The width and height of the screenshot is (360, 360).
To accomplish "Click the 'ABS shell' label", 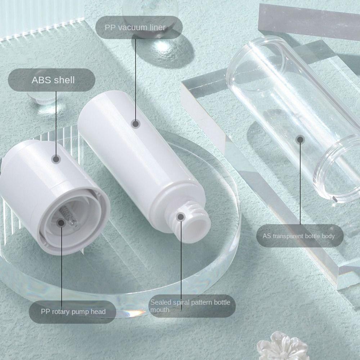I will tap(53, 80).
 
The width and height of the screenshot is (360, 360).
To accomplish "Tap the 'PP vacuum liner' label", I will tap(135, 27).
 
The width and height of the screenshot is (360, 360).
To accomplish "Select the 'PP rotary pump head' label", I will tap(73, 311).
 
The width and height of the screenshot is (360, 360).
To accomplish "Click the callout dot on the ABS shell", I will tap(56, 159).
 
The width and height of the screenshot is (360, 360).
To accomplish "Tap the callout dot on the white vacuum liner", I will tap(136, 124).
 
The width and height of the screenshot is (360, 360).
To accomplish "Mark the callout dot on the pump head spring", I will tap(62, 223).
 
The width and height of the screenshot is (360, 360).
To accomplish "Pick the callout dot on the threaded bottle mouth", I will tap(181, 217).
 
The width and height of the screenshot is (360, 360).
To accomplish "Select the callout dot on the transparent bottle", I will tap(300, 139).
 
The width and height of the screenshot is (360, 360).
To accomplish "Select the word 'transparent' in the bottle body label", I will tap(300, 236).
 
